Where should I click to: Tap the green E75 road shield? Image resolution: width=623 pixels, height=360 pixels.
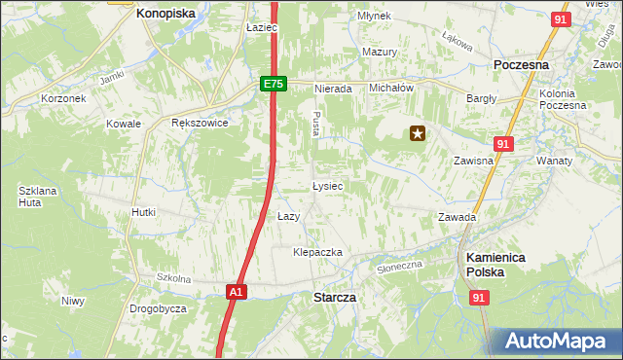(273, 85)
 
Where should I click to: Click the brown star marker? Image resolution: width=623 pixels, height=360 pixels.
(418, 134)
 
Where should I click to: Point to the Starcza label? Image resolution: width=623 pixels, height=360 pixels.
(334, 297)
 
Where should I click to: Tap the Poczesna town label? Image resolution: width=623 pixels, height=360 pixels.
(522, 64)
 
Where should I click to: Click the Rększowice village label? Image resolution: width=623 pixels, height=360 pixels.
(199, 124)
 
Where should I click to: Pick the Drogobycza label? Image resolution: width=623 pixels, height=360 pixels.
(158, 308)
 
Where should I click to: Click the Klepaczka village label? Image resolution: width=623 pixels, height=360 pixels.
(318, 252)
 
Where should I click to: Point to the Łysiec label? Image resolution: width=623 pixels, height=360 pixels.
(326, 185)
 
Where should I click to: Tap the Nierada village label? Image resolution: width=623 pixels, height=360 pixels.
(332, 89)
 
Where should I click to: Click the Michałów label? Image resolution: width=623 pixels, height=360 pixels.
(392, 88)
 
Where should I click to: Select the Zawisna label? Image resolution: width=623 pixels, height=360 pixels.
(472, 162)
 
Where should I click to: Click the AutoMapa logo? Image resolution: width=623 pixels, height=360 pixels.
(556, 341)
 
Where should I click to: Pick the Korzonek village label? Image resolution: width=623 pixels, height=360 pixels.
(64, 98)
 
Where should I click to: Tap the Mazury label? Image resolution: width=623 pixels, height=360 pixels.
(380, 52)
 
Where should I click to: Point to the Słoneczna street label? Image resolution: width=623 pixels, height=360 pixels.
(400, 265)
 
